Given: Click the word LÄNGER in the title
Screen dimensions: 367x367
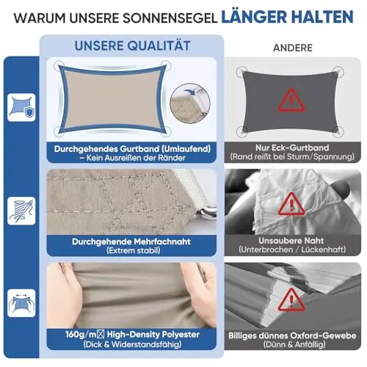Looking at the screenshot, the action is [255, 17].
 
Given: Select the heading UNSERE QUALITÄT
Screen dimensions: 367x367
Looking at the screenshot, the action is [132, 46].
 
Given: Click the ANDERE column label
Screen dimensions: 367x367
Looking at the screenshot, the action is [293, 48].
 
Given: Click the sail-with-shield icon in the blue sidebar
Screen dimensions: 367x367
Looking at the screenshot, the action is [21, 107].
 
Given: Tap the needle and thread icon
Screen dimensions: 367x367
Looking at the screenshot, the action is [21, 211].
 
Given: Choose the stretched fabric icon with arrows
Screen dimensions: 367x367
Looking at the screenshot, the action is [21, 303].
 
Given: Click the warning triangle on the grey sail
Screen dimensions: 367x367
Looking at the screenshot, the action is [291, 101].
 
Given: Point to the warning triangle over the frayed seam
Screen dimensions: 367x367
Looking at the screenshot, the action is [291, 204].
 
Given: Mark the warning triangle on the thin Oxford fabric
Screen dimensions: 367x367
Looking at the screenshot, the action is [291, 299].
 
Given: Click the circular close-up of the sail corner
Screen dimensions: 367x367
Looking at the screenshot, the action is [190, 103].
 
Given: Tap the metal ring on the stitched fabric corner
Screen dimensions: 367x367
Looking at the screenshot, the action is [208, 211].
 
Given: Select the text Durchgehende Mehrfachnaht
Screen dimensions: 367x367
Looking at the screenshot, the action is [131, 241].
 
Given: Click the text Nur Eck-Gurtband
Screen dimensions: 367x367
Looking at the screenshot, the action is [292, 148].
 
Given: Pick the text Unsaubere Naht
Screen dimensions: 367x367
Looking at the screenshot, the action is [291, 241].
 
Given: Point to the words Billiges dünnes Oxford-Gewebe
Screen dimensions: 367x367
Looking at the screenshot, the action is [292, 335].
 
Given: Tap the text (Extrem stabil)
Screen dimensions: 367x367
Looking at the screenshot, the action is [134, 250].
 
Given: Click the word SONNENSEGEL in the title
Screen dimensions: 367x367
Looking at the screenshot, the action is [169, 18].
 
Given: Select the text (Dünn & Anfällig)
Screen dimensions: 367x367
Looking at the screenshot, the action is [294, 344].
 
